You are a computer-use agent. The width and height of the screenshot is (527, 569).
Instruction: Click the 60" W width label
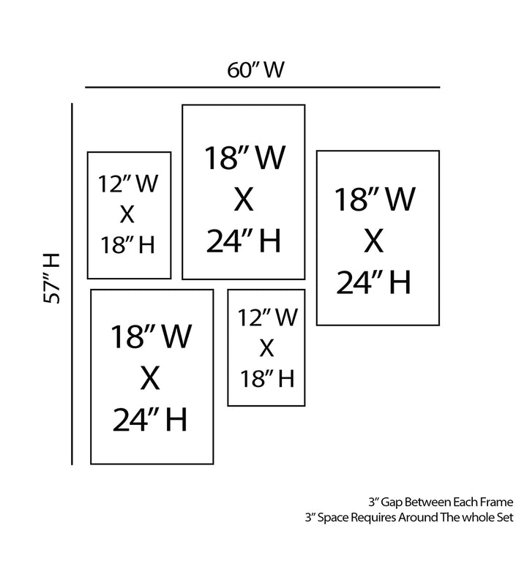tap(255, 70)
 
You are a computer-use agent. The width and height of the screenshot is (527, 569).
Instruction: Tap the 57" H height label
tap(51, 278)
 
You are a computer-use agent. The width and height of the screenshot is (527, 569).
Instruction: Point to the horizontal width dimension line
tap(263, 87)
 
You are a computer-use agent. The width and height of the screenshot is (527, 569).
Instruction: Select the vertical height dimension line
tap(72, 284)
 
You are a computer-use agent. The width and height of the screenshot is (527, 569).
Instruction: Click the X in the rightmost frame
tap(374, 241)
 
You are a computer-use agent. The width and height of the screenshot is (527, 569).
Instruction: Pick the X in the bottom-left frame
tap(150, 378)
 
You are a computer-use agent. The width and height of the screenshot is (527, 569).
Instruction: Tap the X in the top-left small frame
tap(127, 214)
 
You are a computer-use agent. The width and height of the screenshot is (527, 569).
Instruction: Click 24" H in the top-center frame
tap(244, 241)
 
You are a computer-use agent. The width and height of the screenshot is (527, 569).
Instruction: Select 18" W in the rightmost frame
tap(374, 199)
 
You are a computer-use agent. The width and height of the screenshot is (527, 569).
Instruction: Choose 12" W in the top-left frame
tap(128, 184)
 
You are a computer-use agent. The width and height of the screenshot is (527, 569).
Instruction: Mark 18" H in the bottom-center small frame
tap(267, 379)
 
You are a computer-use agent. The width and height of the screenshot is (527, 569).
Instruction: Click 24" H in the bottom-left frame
tap(150, 420)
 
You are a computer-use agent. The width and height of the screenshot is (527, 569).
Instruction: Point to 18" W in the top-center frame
tap(244, 157)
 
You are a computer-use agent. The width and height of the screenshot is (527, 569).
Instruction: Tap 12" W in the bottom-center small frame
tap(268, 317)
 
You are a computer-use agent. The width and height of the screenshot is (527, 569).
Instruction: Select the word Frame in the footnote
tap(496, 502)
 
